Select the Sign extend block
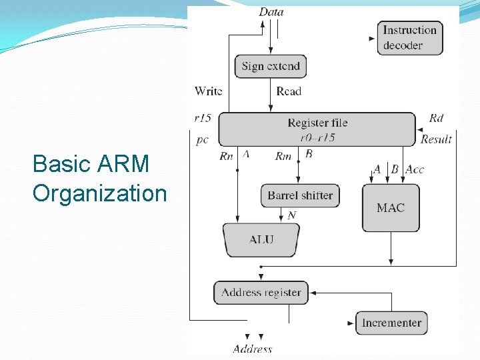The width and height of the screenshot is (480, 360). coord(271,66)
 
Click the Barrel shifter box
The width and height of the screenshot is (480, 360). coord(300,195)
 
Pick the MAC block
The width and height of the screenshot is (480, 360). coord(391,208)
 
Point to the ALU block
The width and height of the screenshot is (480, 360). coord(261,239)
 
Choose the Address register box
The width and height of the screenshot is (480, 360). coord(261,292)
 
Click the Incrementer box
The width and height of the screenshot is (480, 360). coord(391,323)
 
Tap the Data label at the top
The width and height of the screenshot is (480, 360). coord(271,11)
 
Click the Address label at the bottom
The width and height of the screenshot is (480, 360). coord(253,349)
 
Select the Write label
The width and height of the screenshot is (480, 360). coord(208,91)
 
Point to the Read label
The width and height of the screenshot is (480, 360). coord(289,91)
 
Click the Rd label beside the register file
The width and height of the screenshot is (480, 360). coord(436,118)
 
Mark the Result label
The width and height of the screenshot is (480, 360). coord(436,139)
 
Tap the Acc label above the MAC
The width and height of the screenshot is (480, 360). coord(415,169)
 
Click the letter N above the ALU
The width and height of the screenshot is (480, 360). coord(291,215)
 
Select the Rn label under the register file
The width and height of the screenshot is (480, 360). coord(226,156)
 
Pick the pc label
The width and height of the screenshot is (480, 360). coord(203,140)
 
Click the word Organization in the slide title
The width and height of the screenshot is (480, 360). coord(99,193)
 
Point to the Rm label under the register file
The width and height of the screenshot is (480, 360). coord(283,156)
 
